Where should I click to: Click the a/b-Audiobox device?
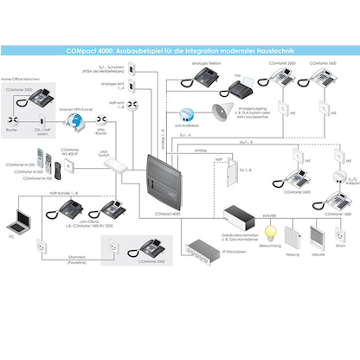[x=188, y=113]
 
